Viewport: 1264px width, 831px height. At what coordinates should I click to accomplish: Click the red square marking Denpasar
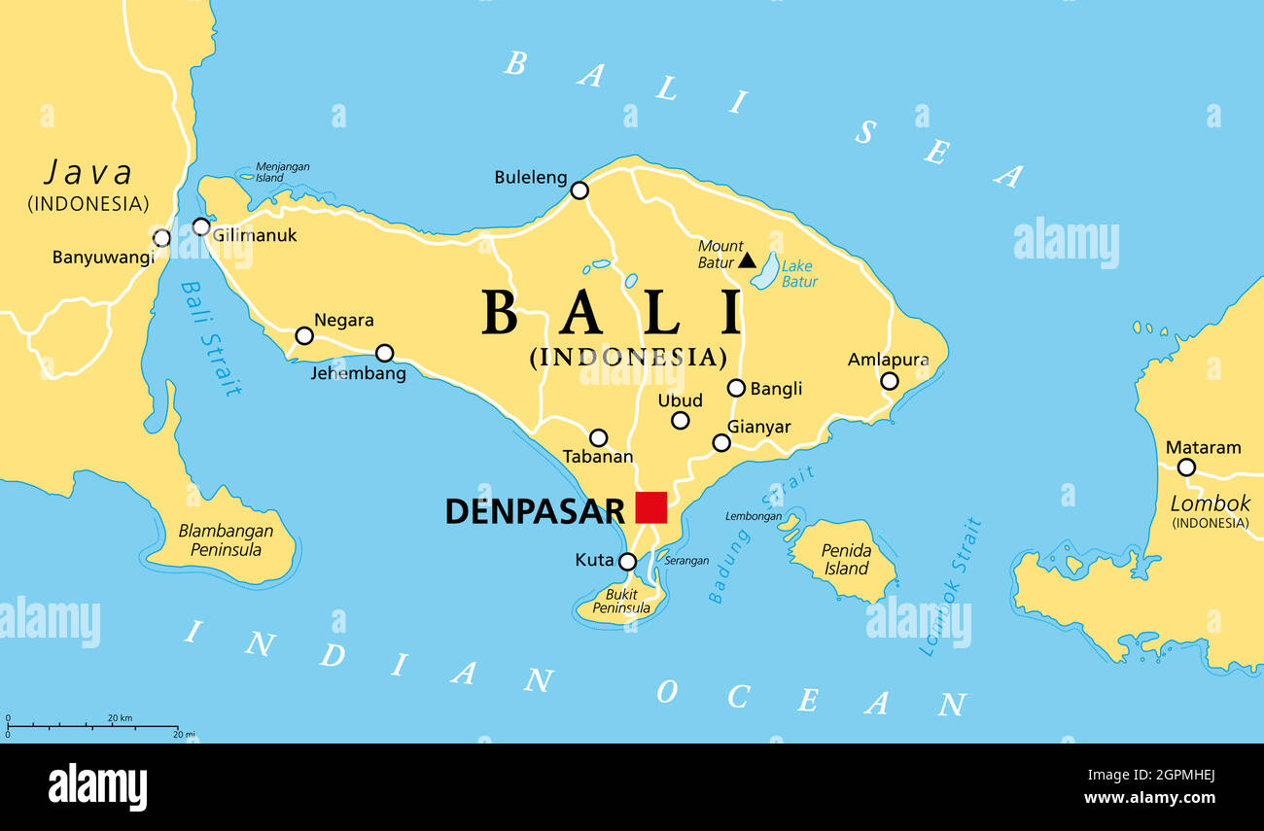650,507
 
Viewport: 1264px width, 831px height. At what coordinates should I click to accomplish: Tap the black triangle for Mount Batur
747,260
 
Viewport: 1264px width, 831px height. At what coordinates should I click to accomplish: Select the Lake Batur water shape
766,271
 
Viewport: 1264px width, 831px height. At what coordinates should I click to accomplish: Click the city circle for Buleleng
579,190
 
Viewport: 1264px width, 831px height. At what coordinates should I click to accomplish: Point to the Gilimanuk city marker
201,227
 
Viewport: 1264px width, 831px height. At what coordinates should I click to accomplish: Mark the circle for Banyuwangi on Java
161,238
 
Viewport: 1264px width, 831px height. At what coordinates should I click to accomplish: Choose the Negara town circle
304,336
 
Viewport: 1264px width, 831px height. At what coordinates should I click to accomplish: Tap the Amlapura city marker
889,381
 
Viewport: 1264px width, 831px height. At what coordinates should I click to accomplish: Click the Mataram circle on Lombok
1185,467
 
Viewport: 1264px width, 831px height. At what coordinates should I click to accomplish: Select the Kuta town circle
628,562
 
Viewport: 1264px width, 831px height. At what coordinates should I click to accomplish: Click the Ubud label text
680,400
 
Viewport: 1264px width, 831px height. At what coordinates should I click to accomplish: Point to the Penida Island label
846,560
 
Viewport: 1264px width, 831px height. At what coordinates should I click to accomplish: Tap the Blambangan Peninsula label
226,540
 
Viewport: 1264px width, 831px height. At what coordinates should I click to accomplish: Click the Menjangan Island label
282,172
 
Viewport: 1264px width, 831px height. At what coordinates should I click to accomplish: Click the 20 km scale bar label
120,718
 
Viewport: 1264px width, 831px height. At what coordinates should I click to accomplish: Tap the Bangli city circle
736,388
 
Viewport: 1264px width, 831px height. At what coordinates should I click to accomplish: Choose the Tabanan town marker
599,438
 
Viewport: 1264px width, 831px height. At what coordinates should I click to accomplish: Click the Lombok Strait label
951,587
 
